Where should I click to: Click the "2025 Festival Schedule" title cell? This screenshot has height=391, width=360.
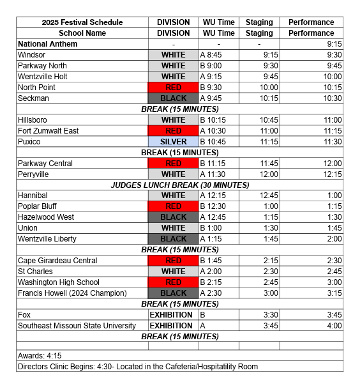[x=82, y=22]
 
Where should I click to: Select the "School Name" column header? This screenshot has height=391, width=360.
[x=82, y=33]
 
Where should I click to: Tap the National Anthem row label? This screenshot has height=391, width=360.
[x=48, y=44]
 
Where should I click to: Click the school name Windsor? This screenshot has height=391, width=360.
[x=32, y=55]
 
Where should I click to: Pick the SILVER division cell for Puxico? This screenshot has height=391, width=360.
[x=173, y=142]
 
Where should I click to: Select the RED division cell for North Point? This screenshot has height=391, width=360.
[x=173, y=88]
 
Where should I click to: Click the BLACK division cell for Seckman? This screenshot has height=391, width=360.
[x=173, y=98]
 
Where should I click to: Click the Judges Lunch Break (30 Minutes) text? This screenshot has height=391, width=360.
[x=179, y=185]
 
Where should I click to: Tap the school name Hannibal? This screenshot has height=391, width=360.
[x=33, y=195]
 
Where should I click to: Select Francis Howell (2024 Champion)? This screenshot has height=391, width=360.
[x=72, y=293]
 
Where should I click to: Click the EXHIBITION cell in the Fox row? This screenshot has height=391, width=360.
[x=171, y=315]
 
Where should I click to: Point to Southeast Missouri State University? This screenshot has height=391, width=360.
[x=77, y=326]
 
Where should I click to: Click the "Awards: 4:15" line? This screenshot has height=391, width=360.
[x=40, y=356]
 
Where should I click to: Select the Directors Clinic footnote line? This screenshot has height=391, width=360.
[x=138, y=367]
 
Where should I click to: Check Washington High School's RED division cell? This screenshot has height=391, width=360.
[x=173, y=282]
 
